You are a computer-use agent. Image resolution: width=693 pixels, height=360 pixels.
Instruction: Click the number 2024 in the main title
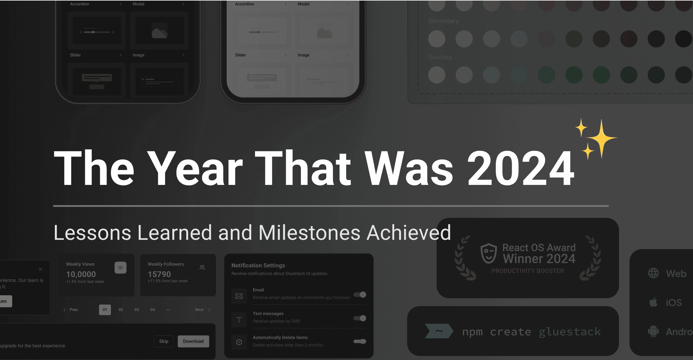click(x=521, y=169)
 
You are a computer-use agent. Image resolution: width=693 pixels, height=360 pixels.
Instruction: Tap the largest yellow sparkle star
click(x=601, y=138)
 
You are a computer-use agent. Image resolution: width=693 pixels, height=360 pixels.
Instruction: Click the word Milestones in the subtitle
click(x=309, y=233)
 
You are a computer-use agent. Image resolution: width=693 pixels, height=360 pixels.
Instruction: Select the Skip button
click(x=163, y=341)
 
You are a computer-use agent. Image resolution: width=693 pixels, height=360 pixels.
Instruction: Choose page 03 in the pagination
click(x=137, y=310)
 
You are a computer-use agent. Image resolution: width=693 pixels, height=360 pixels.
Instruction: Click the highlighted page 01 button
click(x=105, y=310)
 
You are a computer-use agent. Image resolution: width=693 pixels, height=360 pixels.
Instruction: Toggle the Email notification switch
click(x=360, y=295)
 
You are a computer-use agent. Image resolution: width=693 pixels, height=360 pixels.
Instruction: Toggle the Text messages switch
click(x=360, y=318)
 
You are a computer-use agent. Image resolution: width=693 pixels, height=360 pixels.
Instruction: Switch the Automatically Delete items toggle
click(x=360, y=342)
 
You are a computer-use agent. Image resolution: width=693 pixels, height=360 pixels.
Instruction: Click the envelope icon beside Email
click(x=239, y=296)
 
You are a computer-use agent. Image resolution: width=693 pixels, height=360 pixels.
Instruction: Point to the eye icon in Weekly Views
click(x=120, y=268)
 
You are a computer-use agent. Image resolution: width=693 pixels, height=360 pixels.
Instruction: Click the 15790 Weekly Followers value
click(x=159, y=274)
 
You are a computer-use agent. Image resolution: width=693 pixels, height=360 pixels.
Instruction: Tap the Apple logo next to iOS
click(x=653, y=302)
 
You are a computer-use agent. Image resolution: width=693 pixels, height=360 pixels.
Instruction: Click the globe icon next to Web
click(x=653, y=273)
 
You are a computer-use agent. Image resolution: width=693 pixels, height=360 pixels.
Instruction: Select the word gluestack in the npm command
click(x=570, y=332)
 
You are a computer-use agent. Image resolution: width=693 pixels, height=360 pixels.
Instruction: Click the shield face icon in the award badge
click(x=489, y=253)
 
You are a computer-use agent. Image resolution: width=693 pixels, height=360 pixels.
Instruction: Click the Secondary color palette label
click(x=443, y=21)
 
